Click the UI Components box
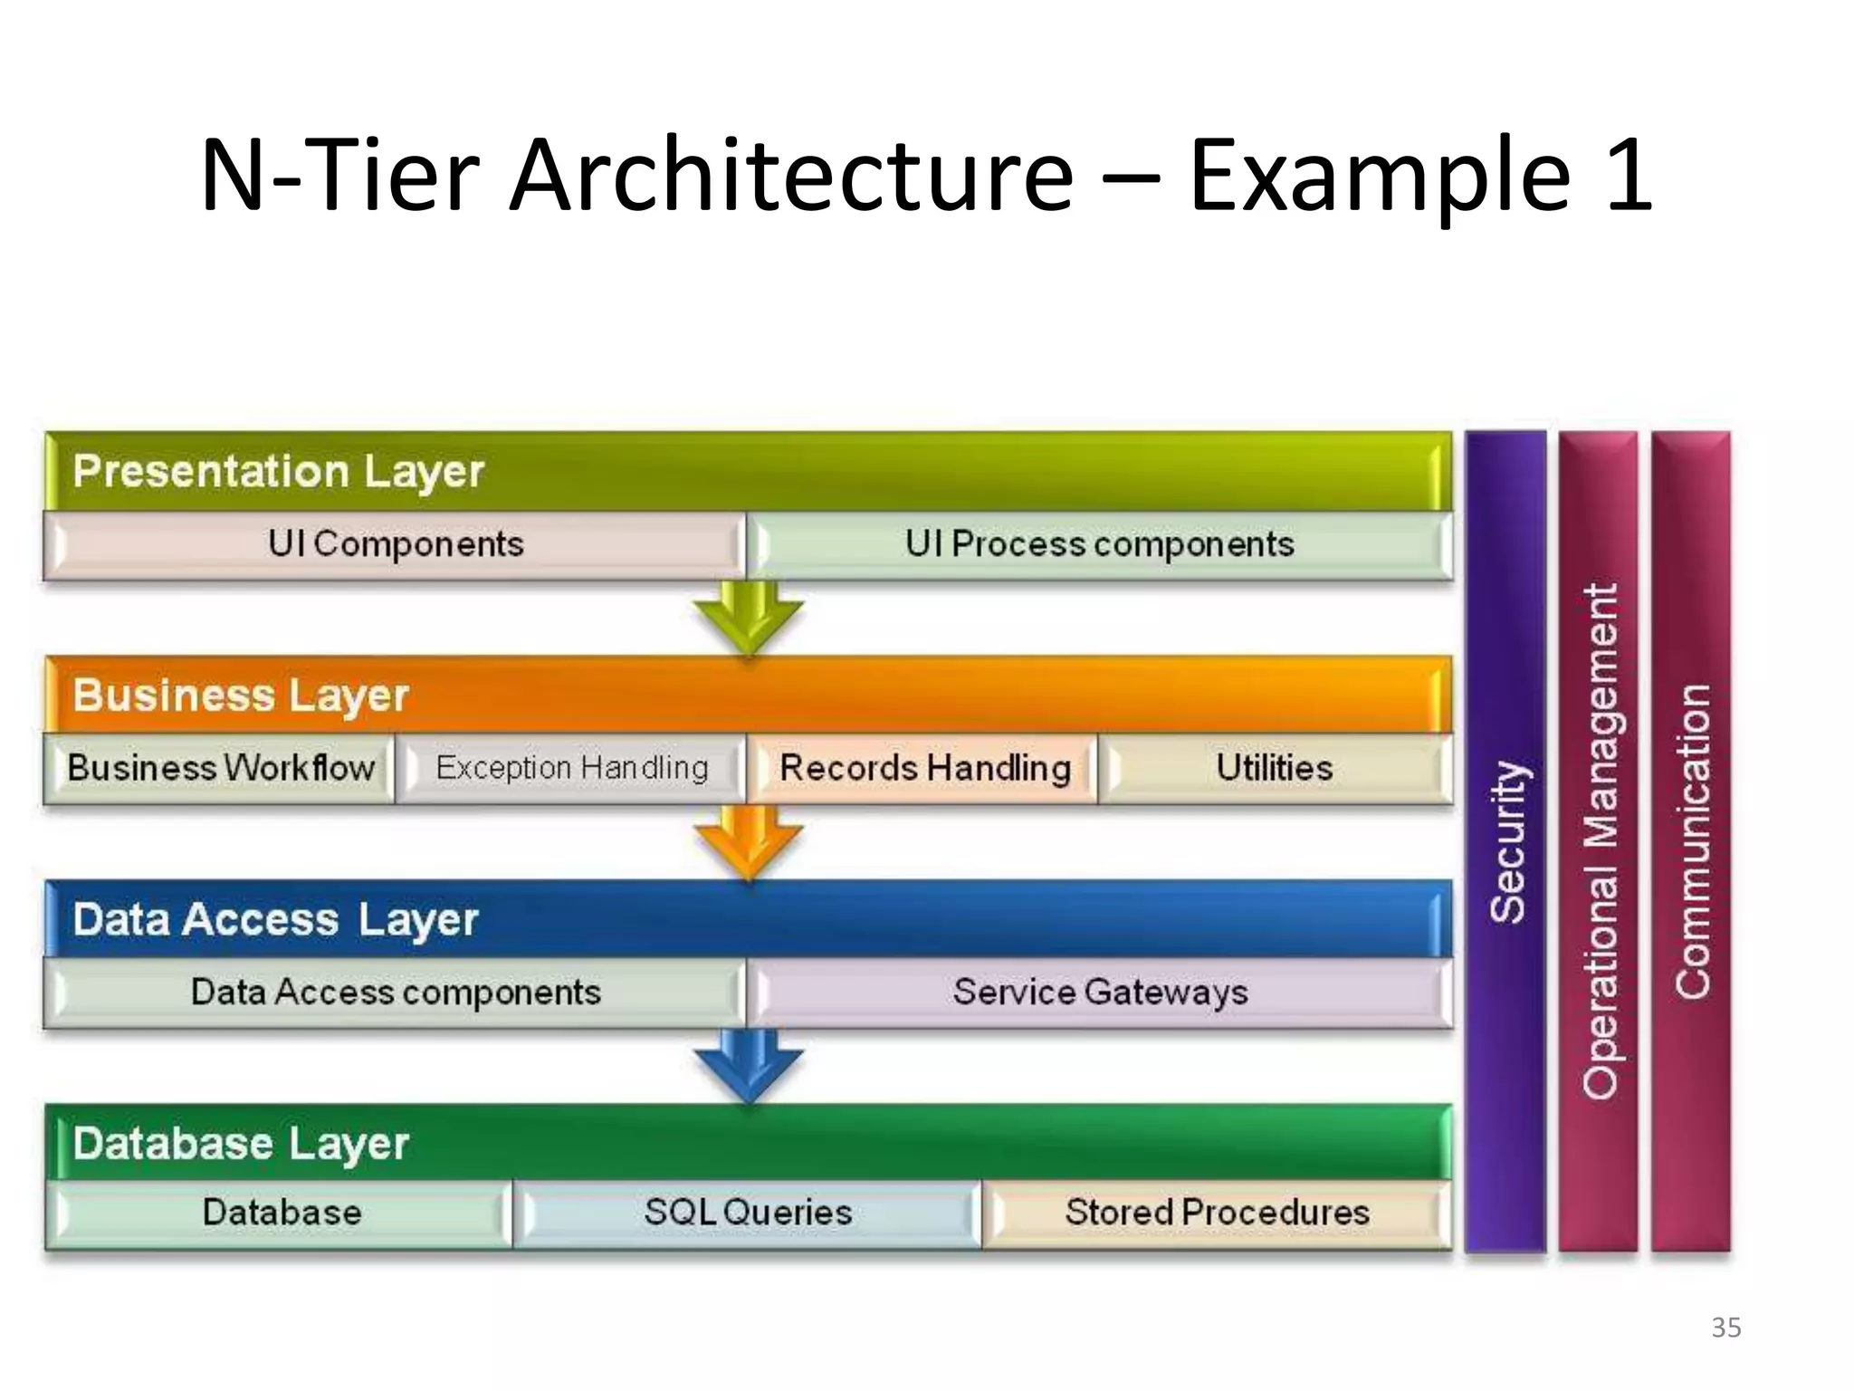click(x=395, y=545)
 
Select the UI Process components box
click(x=1099, y=545)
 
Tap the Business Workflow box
click(x=220, y=769)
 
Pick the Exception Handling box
click(x=571, y=769)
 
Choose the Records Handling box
click(x=924, y=769)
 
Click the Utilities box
click(x=1274, y=769)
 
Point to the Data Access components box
click(x=395, y=993)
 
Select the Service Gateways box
click(x=1099, y=993)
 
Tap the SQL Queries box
click(x=748, y=1214)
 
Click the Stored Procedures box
click(x=1216, y=1214)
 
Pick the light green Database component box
click(x=281, y=1214)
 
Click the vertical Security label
click(x=1507, y=842)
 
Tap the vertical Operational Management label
click(x=1600, y=842)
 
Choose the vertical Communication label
click(x=1692, y=842)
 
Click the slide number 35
click(x=1725, y=1328)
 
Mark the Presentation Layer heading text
click(x=278, y=472)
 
